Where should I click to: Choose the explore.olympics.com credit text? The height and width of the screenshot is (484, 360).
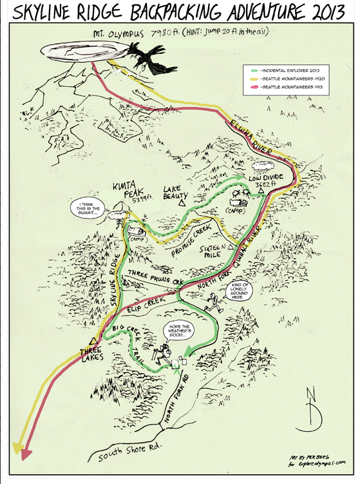tap(316, 461)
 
